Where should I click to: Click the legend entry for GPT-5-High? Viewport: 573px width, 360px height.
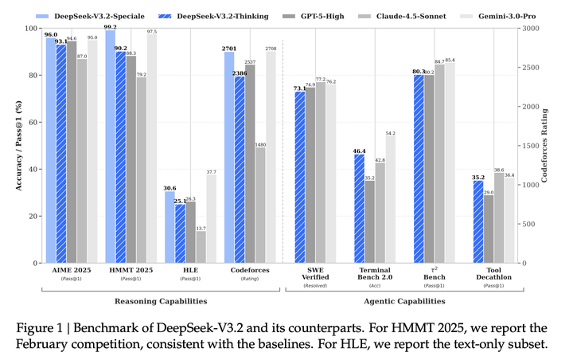pyautogui.click(x=314, y=17)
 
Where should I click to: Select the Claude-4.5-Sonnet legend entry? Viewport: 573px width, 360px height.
pyautogui.click(x=402, y=17)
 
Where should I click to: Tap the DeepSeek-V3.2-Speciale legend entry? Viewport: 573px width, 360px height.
pyautogui.click(x=90, y=17)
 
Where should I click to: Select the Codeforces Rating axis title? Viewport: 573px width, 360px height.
pyautogui.click(x=544, y=146)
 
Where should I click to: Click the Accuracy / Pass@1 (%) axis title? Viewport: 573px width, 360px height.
pyautogui.click(x=18, y=146)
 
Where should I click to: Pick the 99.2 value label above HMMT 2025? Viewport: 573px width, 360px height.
pyautogui.click(x=110, y=27)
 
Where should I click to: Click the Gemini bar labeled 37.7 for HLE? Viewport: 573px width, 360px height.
pyautogui.click(x=211, y=219)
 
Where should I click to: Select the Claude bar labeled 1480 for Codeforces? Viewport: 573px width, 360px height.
pyautogui.click(x=260, y=205)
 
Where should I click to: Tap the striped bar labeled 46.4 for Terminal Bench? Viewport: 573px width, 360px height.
pyautogui.click(x=359, y=209)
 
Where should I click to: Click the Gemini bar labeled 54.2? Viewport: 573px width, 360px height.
pyautogui.click(x=390, y=200)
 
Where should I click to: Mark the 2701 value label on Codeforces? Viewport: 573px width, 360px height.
pyautogui.click(x=229, y=49)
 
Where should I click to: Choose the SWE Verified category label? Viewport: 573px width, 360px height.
pyautogui.click(x=315, y=274)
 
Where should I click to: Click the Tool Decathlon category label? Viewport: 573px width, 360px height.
pyautogui.click(x=493, y=274)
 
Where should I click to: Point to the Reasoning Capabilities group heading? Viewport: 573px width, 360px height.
pyautogui.click(x=161, y=301)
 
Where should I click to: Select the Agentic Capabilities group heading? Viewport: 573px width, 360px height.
pyautogui.click(x=404, y=301)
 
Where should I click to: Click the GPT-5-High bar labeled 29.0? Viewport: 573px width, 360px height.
pyautogui.click(x=489, y=229)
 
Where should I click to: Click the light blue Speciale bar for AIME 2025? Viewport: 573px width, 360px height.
pyautogui.click(x=51, y=151)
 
